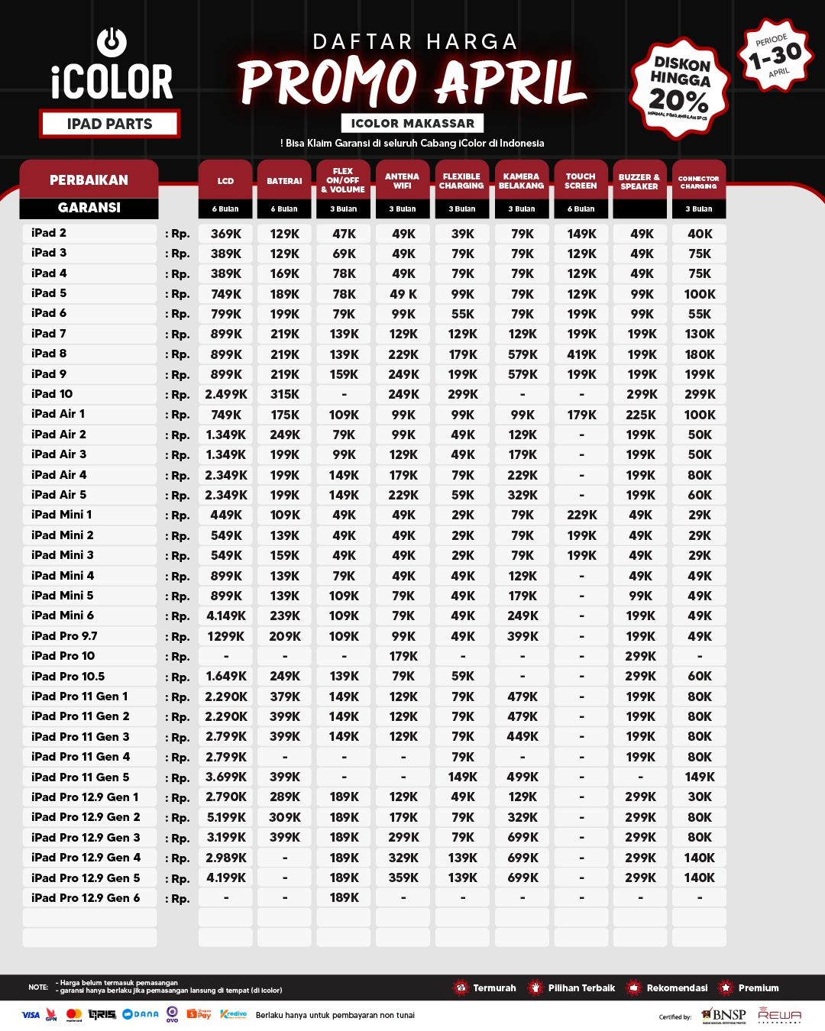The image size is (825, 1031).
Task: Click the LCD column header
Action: coord(225,181)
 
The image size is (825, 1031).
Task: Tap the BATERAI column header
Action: coord(284,181)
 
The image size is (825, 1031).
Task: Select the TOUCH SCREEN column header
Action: coord(581,181)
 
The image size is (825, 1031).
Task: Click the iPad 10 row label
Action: coord(52,394)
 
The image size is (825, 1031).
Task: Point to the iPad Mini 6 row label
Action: coord(63,616)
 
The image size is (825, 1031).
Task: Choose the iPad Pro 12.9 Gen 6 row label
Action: coord(86,898)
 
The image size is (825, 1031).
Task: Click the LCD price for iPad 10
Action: coord(226,395)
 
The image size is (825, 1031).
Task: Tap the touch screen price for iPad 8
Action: coord(581,354)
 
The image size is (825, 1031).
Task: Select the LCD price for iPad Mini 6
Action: coord(226,616)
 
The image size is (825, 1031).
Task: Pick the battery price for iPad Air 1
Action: coord(285,415)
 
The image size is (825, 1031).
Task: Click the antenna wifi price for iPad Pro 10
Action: coord(403,656)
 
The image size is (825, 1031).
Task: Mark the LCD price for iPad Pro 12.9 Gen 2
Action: coord(226,817)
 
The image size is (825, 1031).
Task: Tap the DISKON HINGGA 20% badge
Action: coord(679,86)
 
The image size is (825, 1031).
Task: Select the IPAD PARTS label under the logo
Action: coord(109,124)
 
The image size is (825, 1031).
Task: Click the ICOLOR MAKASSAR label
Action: coord(412,123)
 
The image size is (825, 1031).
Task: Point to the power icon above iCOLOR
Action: coord(112,42)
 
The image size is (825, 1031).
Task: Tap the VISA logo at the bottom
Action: coord(31,1015)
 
